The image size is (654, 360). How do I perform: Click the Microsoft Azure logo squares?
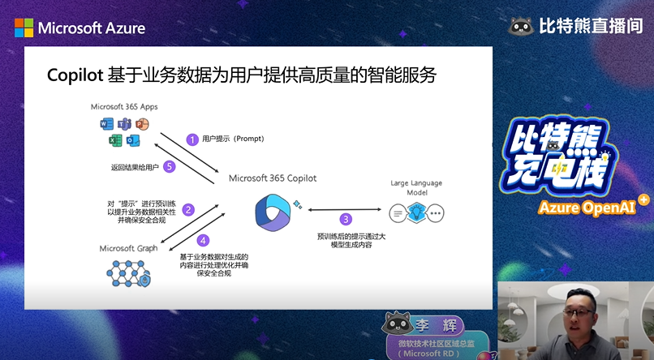[24, 28]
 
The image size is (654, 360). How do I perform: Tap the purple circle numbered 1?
[192, 139]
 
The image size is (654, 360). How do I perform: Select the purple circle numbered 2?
[188, 209]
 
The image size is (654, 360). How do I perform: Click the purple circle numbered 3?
[346, 219]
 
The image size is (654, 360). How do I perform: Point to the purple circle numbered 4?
[204, 240]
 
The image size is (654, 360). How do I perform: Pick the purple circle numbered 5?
[169, 166]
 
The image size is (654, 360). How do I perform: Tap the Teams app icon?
[124, 124]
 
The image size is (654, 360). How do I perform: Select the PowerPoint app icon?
[143, 124]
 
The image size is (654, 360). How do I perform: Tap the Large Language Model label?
[417, 188]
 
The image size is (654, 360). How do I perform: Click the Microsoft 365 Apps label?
[124, 107]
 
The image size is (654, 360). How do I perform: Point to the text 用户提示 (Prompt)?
[233, 139]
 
